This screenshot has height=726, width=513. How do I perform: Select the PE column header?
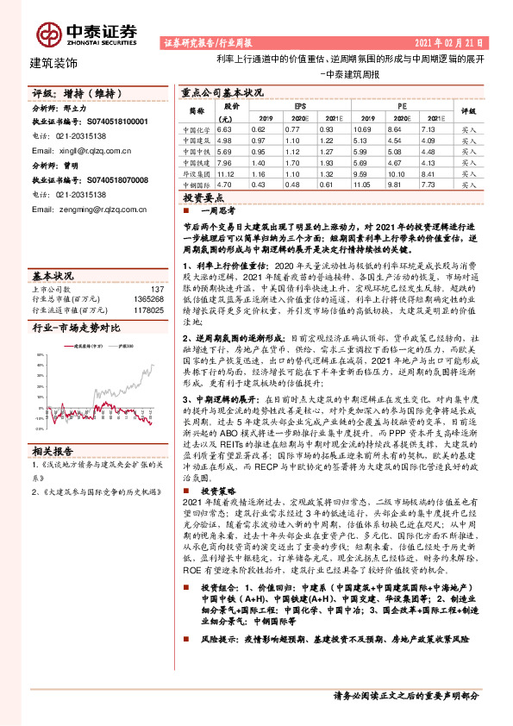pyautogui.click(x=403, y=105)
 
